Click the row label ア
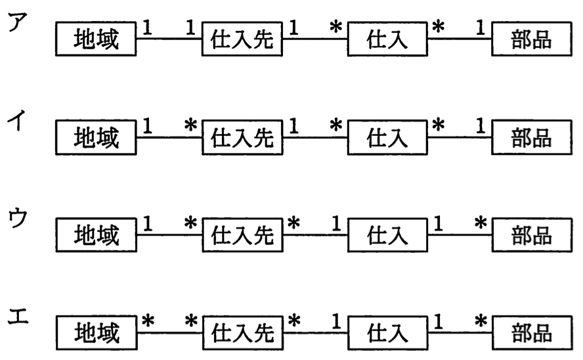(18, 22)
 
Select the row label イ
(16, 120)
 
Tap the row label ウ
(18, 218)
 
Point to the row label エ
(18, 317)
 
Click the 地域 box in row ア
(96, 39)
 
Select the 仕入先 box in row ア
(242, 39)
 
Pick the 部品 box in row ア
(532, 39)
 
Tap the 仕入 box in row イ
(387, 137)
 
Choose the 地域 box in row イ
(96, 137)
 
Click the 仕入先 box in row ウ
(242, 235)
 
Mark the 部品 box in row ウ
(532, 235)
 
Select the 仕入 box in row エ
(388, 333)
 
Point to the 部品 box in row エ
(532, 333)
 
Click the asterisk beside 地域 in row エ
(148, 321)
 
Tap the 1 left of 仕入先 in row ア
(190, 28)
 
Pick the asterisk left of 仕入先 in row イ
(191, 125)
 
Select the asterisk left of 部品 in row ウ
(481, 223)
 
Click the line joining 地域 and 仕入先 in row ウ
(169, 235)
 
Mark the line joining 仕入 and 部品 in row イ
(460, 137)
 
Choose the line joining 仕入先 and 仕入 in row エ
(315, 333)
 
